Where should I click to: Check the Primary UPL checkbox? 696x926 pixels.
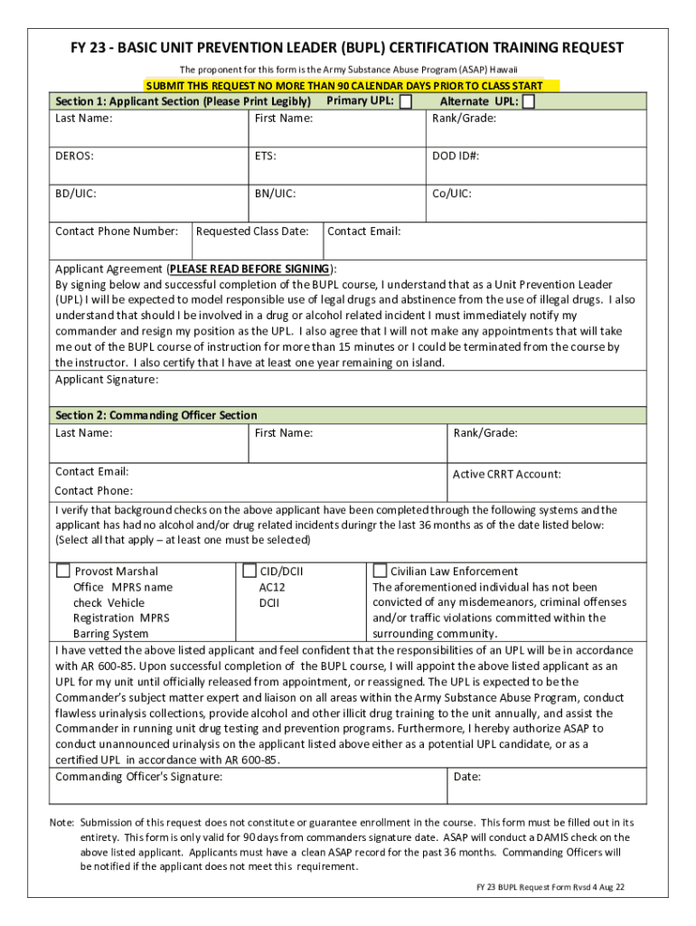pyautogui.click(x=406, y=101)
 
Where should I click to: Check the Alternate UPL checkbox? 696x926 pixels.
pyautogui.click(x=529, y=101)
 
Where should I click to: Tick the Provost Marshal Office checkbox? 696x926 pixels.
pyautogui.click(x=63, y=571)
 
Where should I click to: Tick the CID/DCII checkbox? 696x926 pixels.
pyautogui.click(x=250, y=571)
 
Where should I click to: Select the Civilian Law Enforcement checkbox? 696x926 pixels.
pyautogui.click(x=380, y=571)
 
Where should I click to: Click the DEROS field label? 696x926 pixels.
pyautogui.click(x=74, y=156)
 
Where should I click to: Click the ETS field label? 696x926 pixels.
pyautogui.click(x=265, y=156)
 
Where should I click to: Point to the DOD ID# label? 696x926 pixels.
pyautogui.click(x=456, y=156)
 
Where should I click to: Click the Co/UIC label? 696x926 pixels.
pyautogui.click(x=451, y=194)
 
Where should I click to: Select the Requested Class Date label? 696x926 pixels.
pyautogui.click(x=252, y=231)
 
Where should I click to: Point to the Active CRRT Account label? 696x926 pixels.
pyautogui.click(x=506, y=474)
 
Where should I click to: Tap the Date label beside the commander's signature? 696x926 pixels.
pyautogui.click(x=467, y=777)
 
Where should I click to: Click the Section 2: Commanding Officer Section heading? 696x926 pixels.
pyautogui.click(x=156, y=415)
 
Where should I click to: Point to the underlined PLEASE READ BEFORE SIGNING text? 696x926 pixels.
pyautogui.click(x=249, y=269)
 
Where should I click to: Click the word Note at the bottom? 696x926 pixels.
pyautogui.click(x=61, y=822)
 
